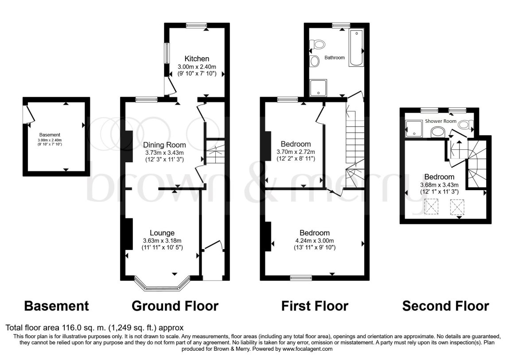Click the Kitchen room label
[197, 59]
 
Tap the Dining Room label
[164, 145]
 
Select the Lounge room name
[162, 233]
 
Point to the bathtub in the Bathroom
[356, 48]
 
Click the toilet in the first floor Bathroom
[317, 44]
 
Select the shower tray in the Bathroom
[318, 88]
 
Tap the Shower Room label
[440, 121]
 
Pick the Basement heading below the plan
[56, 306]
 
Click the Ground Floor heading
[175, 306]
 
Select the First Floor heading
[315, 306]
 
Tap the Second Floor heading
[445, 306]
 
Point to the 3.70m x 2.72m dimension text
[296, 152]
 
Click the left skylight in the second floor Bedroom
[432, 207]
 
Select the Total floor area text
[94, 328]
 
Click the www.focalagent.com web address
[307, 349]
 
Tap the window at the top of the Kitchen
[196, 25]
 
